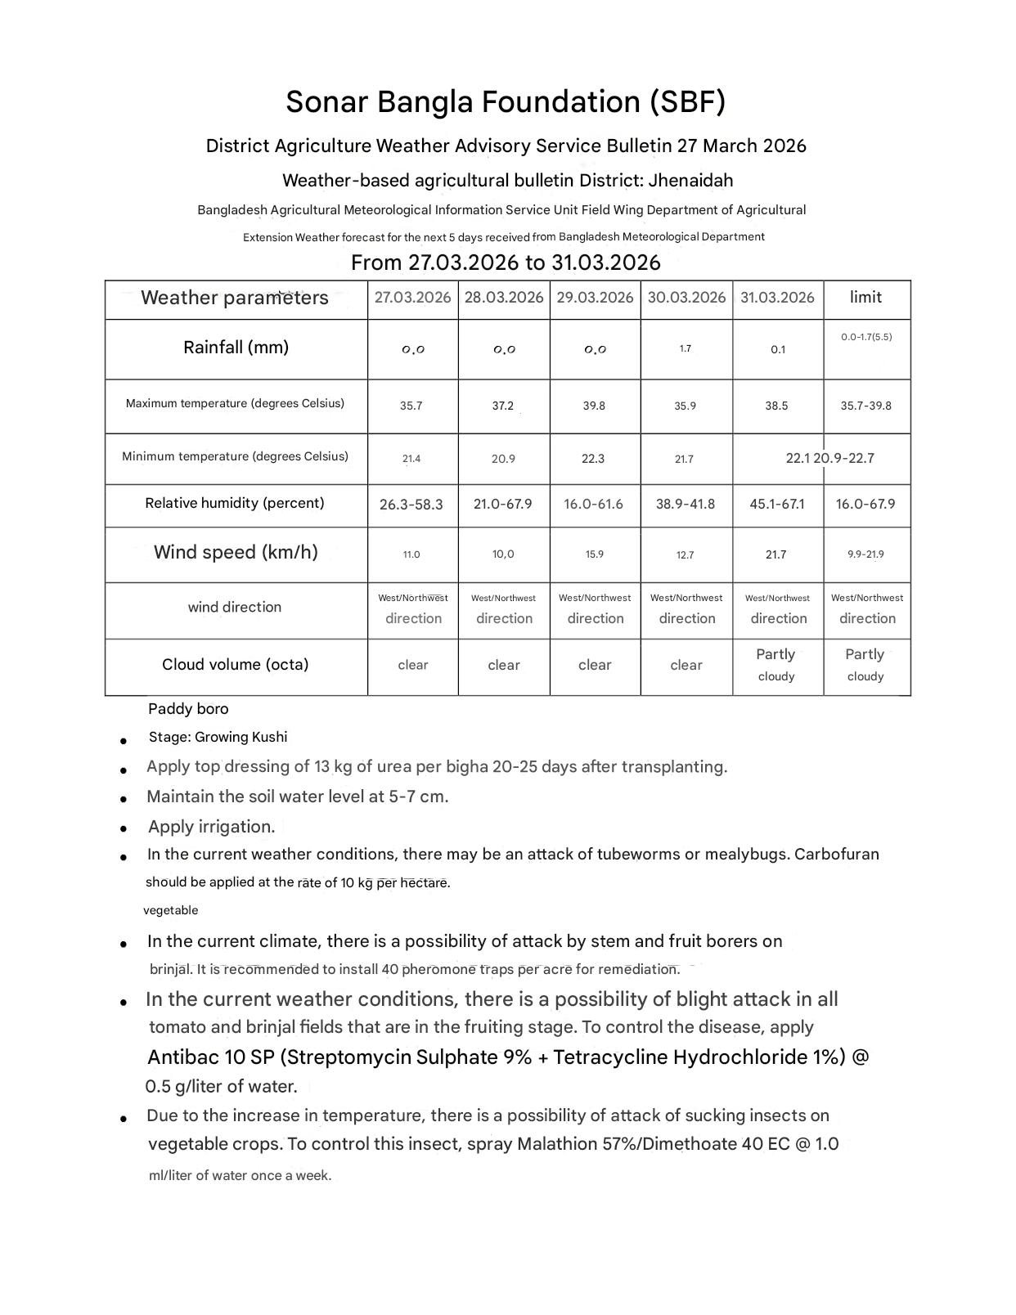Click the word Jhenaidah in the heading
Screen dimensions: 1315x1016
[x=690, y=181]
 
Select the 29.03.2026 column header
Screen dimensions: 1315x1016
[x=595, y=298]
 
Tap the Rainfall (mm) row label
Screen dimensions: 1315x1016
[x=236, y=348]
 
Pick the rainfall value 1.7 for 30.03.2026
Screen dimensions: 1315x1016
[x=686, y=349]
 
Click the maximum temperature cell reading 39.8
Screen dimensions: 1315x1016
[x=594, y=406]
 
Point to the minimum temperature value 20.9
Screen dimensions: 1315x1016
[x=503, y=459]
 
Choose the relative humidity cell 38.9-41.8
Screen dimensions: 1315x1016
[x=686, y=504]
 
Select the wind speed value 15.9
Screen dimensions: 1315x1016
[x=594, y=554]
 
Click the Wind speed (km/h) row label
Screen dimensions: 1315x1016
[x=236, y=553]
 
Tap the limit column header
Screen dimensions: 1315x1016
[x=865, y=297]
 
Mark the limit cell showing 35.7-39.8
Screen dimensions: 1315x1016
[x=865, y=406]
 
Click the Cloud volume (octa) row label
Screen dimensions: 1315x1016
[x=235, y=665]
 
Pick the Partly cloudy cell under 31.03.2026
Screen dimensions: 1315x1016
[x=776, y=665]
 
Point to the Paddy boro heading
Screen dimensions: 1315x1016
[x=188, y=709]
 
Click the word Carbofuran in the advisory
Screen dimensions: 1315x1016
[x=837, y=855]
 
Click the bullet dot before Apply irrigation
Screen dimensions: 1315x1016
[x=124, y=828]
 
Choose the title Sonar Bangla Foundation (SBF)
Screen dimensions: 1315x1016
[x=506, y=102]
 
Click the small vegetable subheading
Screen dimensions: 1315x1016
[x=170, y=910]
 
